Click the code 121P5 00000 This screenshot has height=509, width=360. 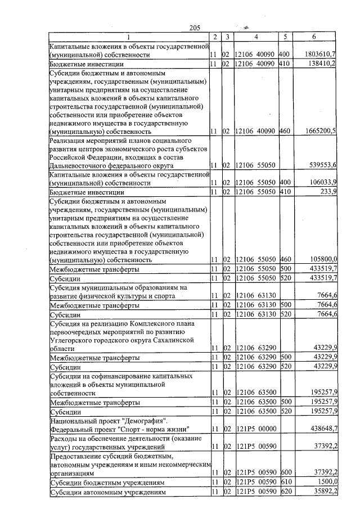[255, 429]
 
